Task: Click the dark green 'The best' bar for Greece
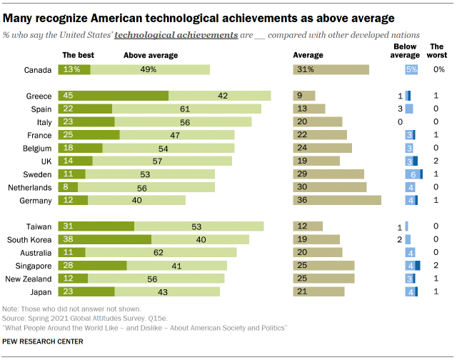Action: [x=114, y=96]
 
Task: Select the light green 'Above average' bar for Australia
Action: [x=158, y=253]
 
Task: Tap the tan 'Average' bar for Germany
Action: [x=337, y=201]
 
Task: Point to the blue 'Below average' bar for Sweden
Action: [x=413, y=174]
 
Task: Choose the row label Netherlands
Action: [x=31, y=187]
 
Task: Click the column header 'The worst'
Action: [x=436, y=51]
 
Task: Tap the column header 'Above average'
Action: [x=151, y=55]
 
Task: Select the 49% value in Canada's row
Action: [x=149, y=69]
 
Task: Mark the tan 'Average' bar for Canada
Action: [x=331, y=69]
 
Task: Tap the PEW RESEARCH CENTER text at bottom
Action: [x=43, y=342]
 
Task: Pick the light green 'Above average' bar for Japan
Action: [x=168, y=292]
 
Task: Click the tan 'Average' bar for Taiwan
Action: [x=308, y=226]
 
